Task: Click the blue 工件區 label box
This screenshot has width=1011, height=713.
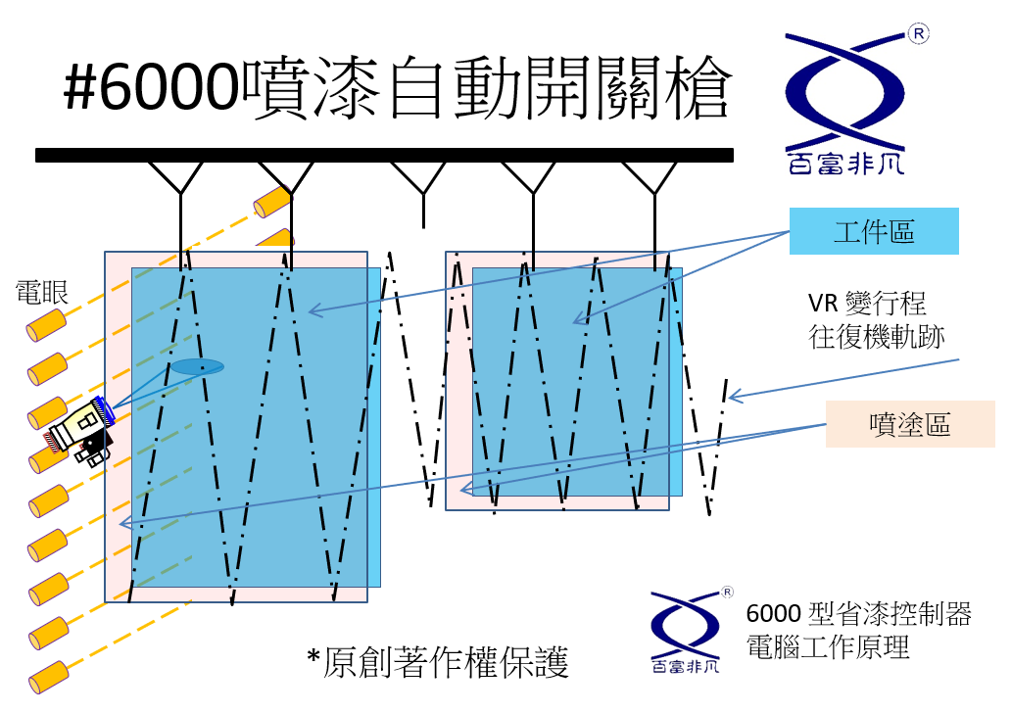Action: pos(874,231)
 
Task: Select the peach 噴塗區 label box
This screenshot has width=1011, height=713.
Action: pos(910,424)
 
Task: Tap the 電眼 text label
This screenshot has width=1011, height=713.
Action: pos(42,292)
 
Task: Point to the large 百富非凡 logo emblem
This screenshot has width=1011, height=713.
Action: pos(846,103)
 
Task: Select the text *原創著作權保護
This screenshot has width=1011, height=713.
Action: pos(438,662)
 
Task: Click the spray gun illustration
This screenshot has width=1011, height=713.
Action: pos(80,429)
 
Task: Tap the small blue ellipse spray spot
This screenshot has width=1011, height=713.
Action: pos(197,367)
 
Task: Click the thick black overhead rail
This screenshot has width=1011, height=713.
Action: pos(384,156)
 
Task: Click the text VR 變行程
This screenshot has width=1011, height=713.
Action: pos(867,303)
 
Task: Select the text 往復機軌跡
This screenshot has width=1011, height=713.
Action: pos(876,337)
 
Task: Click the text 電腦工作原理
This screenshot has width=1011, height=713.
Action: pos(827,646)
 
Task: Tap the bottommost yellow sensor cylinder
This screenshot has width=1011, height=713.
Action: pos(49,677)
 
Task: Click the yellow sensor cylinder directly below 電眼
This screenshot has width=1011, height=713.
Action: pos(46,325)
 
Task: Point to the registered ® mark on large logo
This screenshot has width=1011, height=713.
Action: pos(919,33)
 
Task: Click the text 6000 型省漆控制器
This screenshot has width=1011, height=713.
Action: pos(859,614)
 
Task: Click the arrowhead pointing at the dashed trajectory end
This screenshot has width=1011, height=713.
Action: pos(734,396)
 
